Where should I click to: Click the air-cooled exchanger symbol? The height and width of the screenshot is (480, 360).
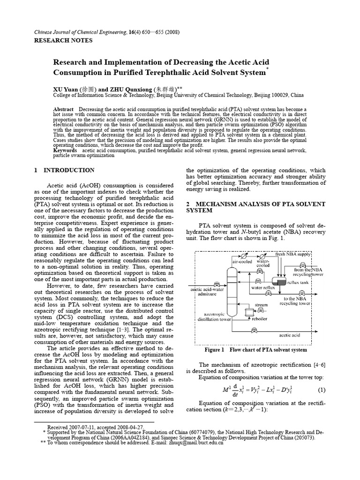(x=244, y=256)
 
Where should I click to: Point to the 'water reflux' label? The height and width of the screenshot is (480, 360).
(x=262, y=288)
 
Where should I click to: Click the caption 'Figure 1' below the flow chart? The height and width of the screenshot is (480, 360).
(x=215, y=350)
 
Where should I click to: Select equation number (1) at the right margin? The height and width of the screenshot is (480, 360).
(x=322, y=390)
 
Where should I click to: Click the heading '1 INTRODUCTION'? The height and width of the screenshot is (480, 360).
(x=64, y=170)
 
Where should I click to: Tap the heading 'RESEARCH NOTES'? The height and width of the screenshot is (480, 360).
(x=64, y=40)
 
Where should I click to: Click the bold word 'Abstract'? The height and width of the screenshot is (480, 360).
(x=64, y=108)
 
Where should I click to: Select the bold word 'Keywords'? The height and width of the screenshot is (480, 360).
(x=65, y=150)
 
